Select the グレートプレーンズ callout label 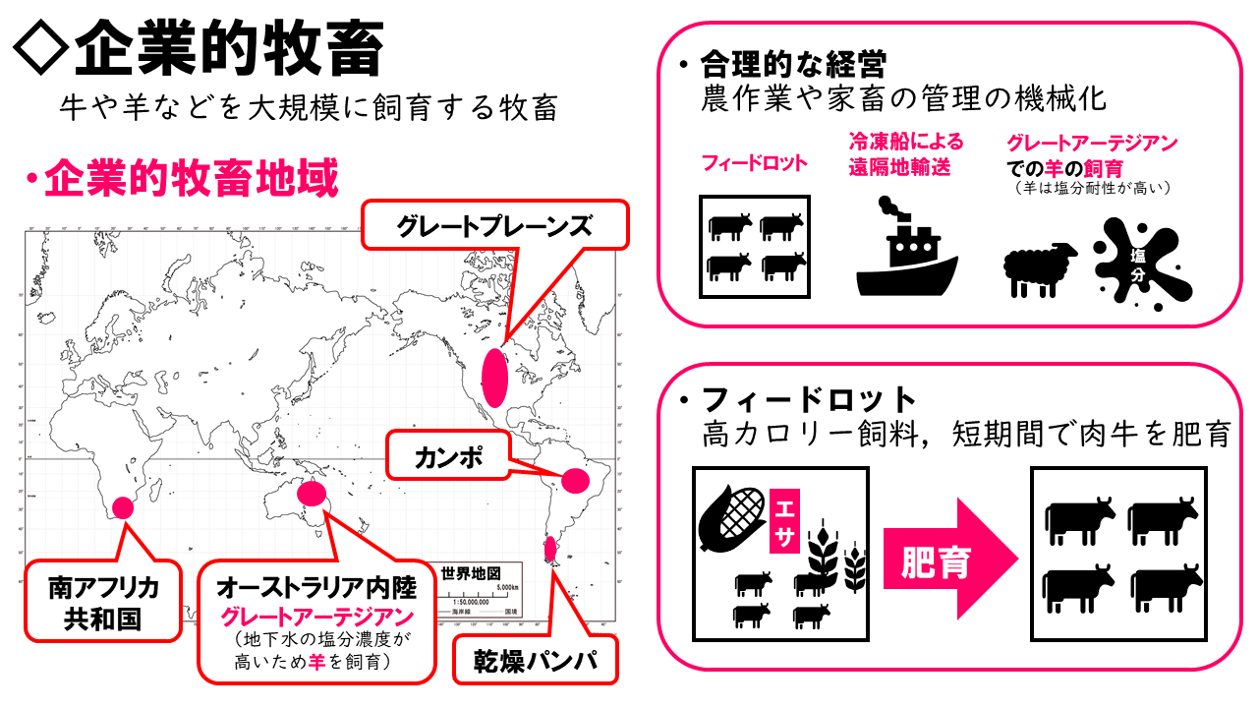[494, 227]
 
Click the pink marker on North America [494, 377]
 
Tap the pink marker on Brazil [575, 480]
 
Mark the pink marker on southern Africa [123, 507]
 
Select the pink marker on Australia [312, 493]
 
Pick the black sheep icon [1040, 267]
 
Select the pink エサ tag [786, 519]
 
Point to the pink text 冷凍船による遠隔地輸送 [905, 154]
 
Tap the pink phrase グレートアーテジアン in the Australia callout [315, 618]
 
